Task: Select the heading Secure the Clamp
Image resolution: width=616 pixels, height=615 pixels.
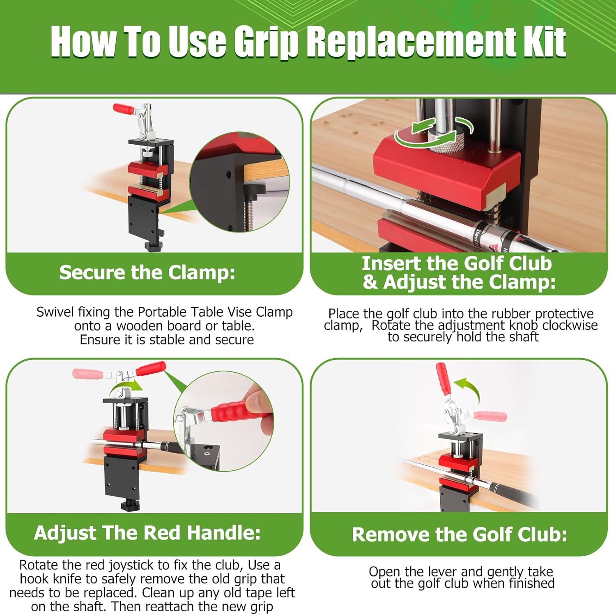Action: (147, 272)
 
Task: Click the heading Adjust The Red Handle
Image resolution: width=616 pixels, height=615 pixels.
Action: (147, 533)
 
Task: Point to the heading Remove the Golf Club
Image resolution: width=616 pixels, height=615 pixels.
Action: (459, 534)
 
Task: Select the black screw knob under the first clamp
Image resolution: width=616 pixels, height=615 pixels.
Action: (153, 245)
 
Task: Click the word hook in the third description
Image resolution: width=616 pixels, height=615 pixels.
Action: (33, 579)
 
